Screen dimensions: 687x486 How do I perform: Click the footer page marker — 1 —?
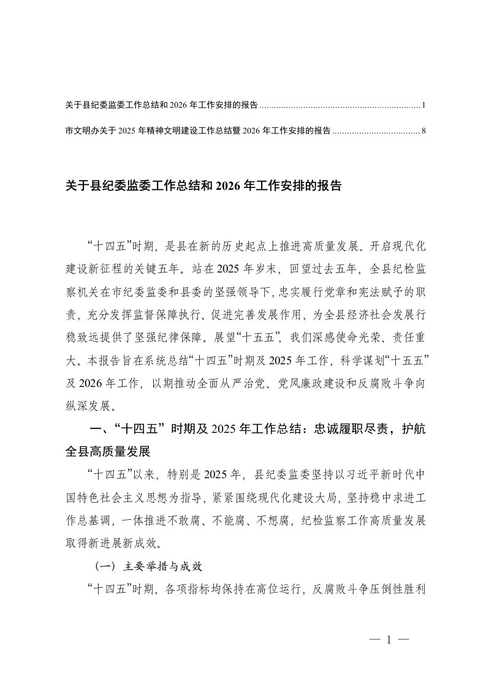click(x=389, y=640)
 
